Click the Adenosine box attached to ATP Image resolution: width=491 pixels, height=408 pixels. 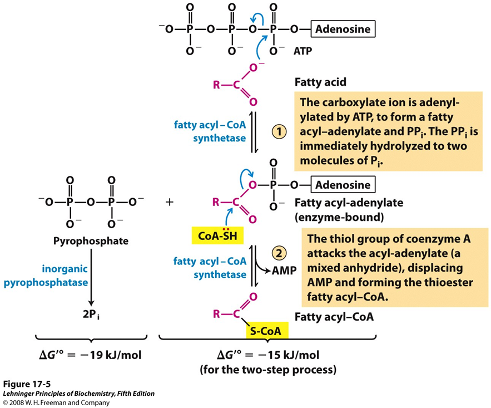[343, 29]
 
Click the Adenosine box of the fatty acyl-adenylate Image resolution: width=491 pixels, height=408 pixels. [343, 185]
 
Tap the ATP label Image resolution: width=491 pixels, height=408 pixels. [302, 51]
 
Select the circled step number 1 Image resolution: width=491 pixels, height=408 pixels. [279, 131]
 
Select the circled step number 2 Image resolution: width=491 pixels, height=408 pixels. [279, 253]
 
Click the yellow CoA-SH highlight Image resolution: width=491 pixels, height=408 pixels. [217, 235]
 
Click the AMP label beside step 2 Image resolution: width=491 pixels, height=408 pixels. [284, 271]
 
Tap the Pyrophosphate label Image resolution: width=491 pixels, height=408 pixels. [91, 241]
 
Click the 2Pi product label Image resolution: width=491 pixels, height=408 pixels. [91, 314]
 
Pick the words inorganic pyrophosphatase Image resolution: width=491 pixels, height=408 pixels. [46, 276]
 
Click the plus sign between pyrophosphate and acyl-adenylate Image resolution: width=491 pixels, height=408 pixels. [170, 202]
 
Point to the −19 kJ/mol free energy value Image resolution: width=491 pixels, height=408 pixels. [90, 355]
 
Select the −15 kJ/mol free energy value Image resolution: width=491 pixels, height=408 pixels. [268, 355]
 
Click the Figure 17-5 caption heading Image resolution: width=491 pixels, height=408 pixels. [27, 384]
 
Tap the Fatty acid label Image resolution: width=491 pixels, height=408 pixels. [320, 82]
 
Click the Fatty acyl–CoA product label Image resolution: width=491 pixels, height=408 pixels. [334, 317]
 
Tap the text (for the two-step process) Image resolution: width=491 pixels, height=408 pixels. [268, 370]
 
